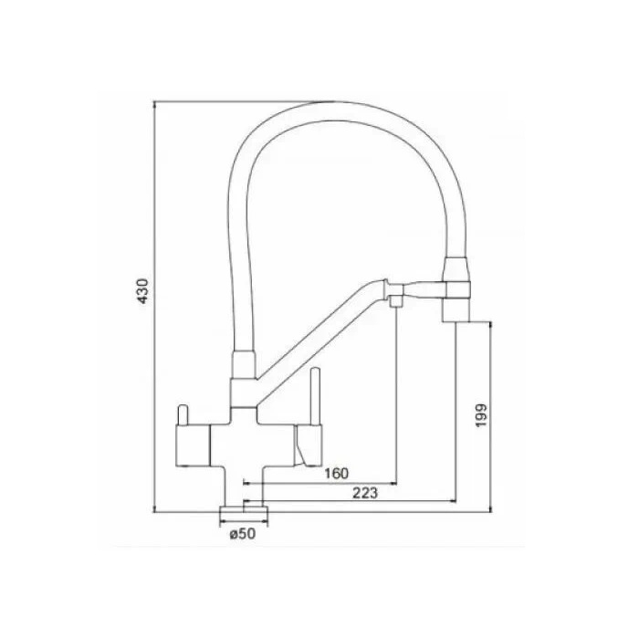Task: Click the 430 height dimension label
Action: (142, 291)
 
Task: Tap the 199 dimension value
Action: (481, 415)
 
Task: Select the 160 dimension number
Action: (337, 474)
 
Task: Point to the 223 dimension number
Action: (365, 493)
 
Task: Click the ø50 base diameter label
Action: (243, 533)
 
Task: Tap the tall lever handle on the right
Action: (316, 396)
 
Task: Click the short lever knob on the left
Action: (183, 414)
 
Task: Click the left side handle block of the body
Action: (193, 445)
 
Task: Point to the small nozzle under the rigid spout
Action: (396, 301)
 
